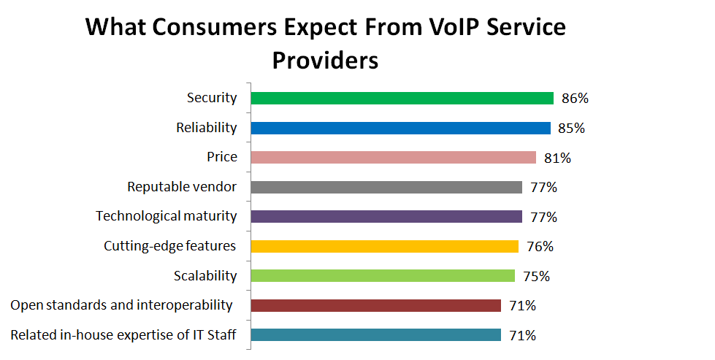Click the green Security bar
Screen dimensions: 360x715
(402, 98)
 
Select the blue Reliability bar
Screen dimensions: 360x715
(400, 128)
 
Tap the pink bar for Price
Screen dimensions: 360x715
(393, 157)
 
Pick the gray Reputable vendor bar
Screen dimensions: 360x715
(386, 187)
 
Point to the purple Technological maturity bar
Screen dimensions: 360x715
(386, 216)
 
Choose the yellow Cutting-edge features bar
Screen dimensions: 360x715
(384, 246)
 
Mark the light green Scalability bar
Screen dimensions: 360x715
(383, 275)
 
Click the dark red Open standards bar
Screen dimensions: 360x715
(375, 305)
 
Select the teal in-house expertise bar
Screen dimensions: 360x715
(375, 334)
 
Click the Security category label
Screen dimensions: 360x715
(212, 98)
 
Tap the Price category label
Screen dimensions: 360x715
(222, 157)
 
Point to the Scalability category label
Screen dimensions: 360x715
(205, 275)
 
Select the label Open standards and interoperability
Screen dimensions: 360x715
(121, 305)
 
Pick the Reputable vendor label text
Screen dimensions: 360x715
(182, 187)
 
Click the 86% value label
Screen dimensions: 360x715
(574, 99)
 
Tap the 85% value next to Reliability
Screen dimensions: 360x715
(571, 129)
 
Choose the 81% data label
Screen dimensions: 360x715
(557, 158)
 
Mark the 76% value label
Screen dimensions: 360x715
(540, 247)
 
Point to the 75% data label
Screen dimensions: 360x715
(536, 276)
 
